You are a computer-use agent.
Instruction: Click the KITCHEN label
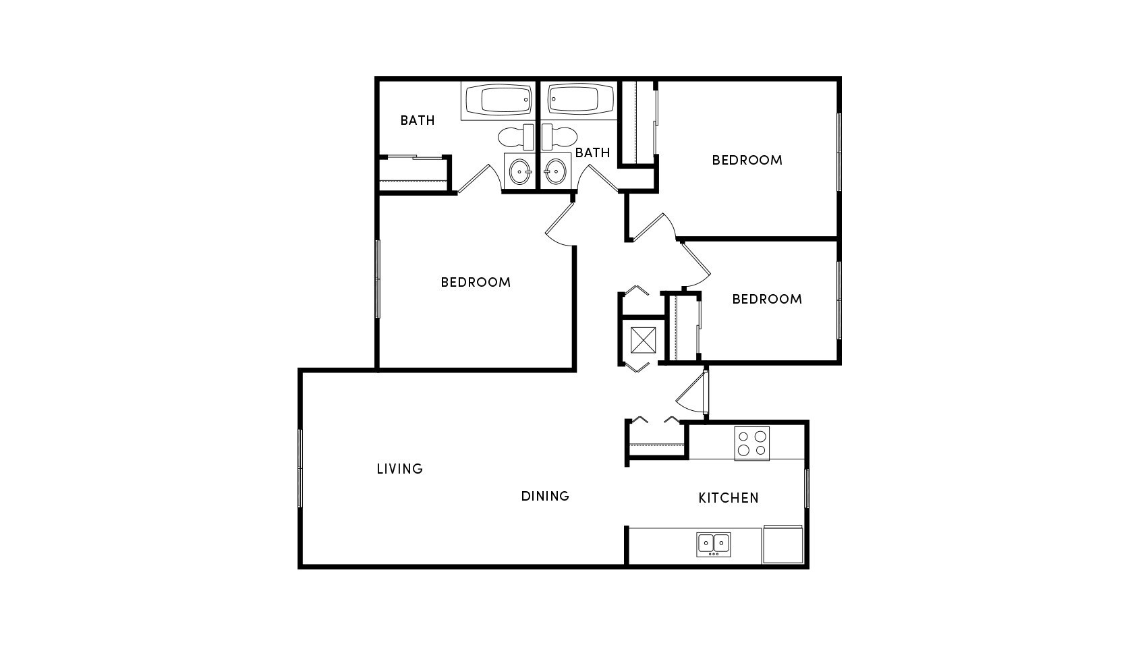click(728, 498)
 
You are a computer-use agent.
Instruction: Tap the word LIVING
click(399, 468)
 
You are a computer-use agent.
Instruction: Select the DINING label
click(545, 496)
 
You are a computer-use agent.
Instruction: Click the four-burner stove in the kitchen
click(751, 444)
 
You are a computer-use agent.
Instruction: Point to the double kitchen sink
click(713, 544)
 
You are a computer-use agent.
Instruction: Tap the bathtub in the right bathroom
click(579, 101)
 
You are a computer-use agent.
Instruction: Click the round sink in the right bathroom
click(555, 171)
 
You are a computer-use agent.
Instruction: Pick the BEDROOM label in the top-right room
click(747, 160)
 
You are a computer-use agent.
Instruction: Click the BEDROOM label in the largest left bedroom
click(476, 282)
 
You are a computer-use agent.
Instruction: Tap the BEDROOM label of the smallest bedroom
click(767, 299)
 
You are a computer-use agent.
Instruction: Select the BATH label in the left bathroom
click(417, 120)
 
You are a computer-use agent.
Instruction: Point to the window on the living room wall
click(300, 468)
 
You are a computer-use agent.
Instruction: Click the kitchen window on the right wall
click(806, 488)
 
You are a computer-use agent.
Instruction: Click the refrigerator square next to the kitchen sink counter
click(782, 545)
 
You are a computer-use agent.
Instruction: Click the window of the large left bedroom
click(377, 279)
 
